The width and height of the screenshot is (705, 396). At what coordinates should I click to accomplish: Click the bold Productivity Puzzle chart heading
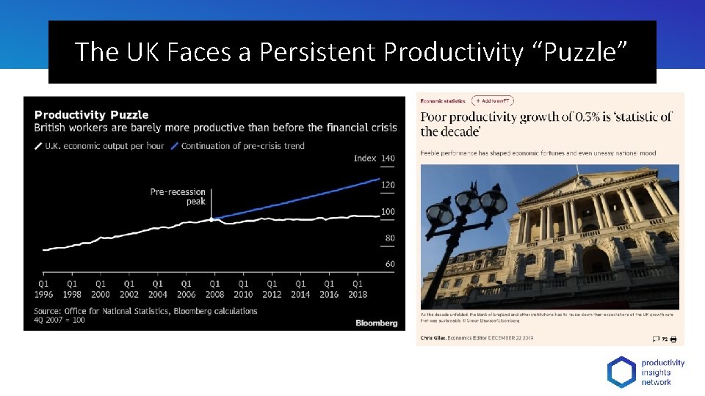[x=91, y=114]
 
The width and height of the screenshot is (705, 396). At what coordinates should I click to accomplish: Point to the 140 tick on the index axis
[x=388, y=158]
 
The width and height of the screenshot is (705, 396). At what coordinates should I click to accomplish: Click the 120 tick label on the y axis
[x=388, y=185]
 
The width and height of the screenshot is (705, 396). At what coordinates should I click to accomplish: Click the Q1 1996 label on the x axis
[x=43, y=289]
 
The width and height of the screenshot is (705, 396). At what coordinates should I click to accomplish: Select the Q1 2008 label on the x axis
[x=214, y=289]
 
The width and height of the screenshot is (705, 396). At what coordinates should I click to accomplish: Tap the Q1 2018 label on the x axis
[x=357, y=289]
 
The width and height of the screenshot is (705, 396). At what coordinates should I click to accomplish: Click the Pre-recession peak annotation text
[x=178, y=197]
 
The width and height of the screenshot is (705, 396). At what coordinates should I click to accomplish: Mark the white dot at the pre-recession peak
[x=211, y=219]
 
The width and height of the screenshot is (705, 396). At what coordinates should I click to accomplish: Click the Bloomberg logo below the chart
[x=376, y=323]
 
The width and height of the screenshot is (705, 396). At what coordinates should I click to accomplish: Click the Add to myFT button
[x=493, y=100]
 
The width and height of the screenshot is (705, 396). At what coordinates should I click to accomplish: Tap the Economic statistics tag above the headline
[x=443, y=100]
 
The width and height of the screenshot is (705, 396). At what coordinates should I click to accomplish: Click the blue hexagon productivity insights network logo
[x=621, y=372]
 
